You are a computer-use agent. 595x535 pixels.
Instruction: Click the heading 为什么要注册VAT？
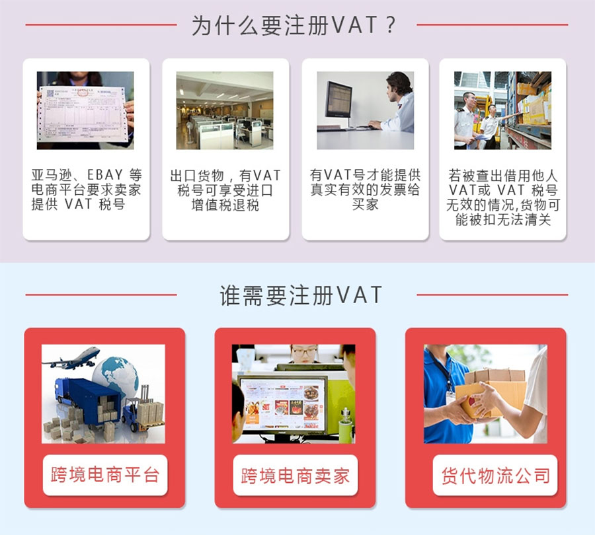tap(294, 25)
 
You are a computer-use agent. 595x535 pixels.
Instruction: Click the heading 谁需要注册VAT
tap(301, 295)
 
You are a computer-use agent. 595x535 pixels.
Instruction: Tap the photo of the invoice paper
tap(85, 110)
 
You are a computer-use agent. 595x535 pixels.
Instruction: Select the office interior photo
tap(225, 110)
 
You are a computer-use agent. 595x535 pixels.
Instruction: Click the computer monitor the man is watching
tap(338, 100)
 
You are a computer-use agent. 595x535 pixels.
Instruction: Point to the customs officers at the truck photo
tap(503, 110)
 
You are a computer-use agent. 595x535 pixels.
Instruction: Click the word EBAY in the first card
tap(105, 175)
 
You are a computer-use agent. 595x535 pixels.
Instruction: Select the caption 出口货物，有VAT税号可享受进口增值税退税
tap(225, 190)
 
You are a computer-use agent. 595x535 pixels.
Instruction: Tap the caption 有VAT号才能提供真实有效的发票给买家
tap(365, 190)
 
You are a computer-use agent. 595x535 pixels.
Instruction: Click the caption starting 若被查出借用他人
tap(503, 197)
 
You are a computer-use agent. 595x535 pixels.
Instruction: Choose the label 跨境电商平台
tap(105, 475)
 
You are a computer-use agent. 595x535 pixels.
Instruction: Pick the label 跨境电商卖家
tap(296, 476)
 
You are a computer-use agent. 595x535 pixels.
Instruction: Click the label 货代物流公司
tap(495, 476)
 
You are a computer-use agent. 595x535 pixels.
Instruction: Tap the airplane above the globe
tap(71, 358)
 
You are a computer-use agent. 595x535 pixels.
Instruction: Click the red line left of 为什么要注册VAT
tap(101, 25)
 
